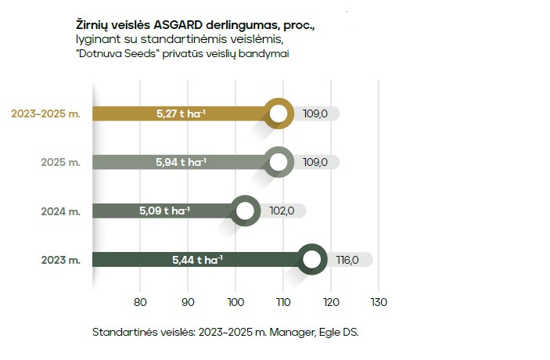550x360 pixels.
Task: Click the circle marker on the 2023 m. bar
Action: click(312, 259)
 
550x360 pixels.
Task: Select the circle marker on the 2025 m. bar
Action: click(279, 162)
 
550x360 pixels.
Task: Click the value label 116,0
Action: click(347, 259)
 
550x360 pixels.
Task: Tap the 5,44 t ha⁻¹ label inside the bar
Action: click(197, 259)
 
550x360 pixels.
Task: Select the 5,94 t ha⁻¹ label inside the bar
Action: click(181, 162)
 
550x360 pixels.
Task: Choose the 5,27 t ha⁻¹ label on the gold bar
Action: click(181, 113)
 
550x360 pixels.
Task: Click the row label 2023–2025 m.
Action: click(45, 113)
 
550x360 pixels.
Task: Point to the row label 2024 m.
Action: click(61, 211)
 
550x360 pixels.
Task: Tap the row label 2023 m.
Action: click(61, 259)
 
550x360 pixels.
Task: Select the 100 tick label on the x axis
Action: click(235, 302)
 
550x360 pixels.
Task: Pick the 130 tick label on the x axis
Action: click(379, 302)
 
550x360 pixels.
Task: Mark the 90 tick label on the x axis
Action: click(188, 302)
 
